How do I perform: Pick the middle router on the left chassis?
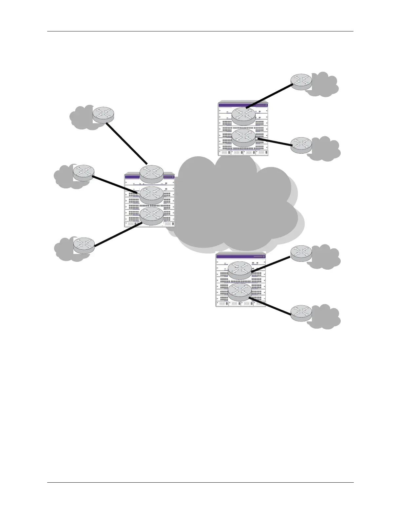pos(151,194)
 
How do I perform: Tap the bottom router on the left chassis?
pos(151,215)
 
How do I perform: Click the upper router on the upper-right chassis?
pos(243,115)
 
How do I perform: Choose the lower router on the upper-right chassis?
pos(243,137)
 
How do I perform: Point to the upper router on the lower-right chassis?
pos(240,270)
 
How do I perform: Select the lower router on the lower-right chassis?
pos(240,292)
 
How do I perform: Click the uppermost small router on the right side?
pos(301,82)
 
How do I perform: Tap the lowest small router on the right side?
pos(301,313)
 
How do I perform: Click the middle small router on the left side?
pos(84,172)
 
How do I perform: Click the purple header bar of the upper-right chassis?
pos(242,105)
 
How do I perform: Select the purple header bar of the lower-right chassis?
pos(240,257)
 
